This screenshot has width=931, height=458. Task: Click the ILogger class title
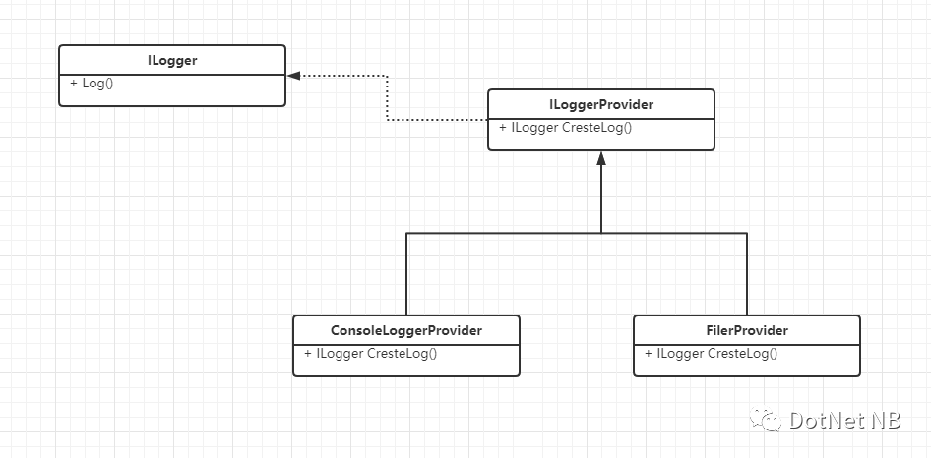[x=172, y=60]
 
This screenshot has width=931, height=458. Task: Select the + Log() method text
[x=92, y=84]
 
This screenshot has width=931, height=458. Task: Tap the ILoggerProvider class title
[x=601, y=104]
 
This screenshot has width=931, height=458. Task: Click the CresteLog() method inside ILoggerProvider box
[x=596, y=127]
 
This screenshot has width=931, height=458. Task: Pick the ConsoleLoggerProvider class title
[x=406, y=330]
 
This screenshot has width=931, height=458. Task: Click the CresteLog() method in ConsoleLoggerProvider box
[x=402, y=353]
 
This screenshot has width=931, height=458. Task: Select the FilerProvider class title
[x=747, y=330]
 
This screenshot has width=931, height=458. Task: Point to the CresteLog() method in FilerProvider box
[x=742, y=353]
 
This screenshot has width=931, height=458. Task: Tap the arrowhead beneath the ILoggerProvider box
[x=601, y=158]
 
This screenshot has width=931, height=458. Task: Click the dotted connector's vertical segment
[x=387, y=98]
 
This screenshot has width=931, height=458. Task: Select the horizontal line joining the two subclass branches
[x=577, y=233]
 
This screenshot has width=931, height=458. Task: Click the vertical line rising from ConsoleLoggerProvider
[x=406, y=274]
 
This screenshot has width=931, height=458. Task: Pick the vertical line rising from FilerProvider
[x=746, y=274]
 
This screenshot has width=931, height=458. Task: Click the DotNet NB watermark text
[x=845, y=420]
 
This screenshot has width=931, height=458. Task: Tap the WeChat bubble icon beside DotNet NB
[x=766, y=419]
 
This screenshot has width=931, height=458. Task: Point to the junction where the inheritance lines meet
[x=601, y=233]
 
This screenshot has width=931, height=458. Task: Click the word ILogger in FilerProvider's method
[x=680, y=353]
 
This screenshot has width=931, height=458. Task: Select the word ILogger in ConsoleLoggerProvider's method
[x=340, y=353]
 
